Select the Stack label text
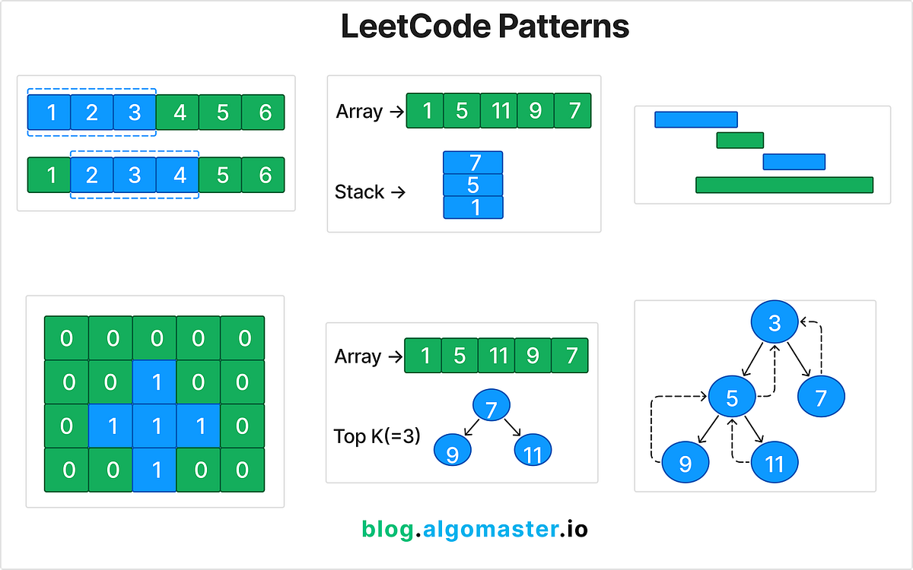359,192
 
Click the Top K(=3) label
377,437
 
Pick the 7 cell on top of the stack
473,163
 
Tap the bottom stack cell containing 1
473,207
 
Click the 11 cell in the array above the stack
498,111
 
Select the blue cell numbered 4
178,175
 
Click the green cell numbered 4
178,112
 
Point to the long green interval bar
784,185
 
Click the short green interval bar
740,140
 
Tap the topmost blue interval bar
695,119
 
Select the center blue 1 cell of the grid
154,426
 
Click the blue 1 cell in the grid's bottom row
154,470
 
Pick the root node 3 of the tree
775,324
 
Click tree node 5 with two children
732,396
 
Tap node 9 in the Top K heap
453,454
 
